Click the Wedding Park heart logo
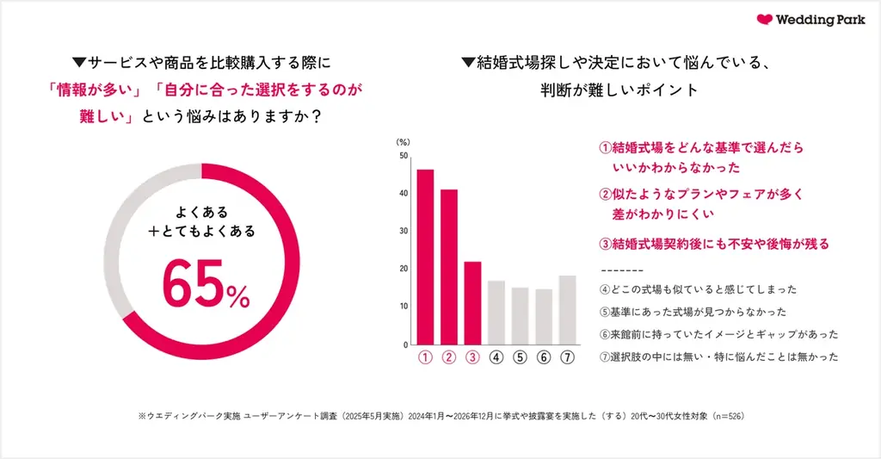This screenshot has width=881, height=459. tap(765, 20)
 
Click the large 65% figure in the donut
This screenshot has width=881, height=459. tap(206, 286)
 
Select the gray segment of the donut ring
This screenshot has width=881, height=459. tap(129, 233)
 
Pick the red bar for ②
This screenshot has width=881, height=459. tap(448, 267)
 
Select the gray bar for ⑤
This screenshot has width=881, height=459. tap(520, 315)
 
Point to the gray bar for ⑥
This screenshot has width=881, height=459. tap(544, 316)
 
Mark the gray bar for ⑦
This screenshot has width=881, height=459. tap(567, 309)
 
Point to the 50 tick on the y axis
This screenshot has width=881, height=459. tap(404, 156)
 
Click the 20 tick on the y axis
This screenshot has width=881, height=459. tap(404, 269)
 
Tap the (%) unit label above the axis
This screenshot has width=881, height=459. tap(402, 140)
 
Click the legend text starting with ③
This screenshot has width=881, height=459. tap(713, 244)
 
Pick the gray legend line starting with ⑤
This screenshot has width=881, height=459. tap(692, 312)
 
